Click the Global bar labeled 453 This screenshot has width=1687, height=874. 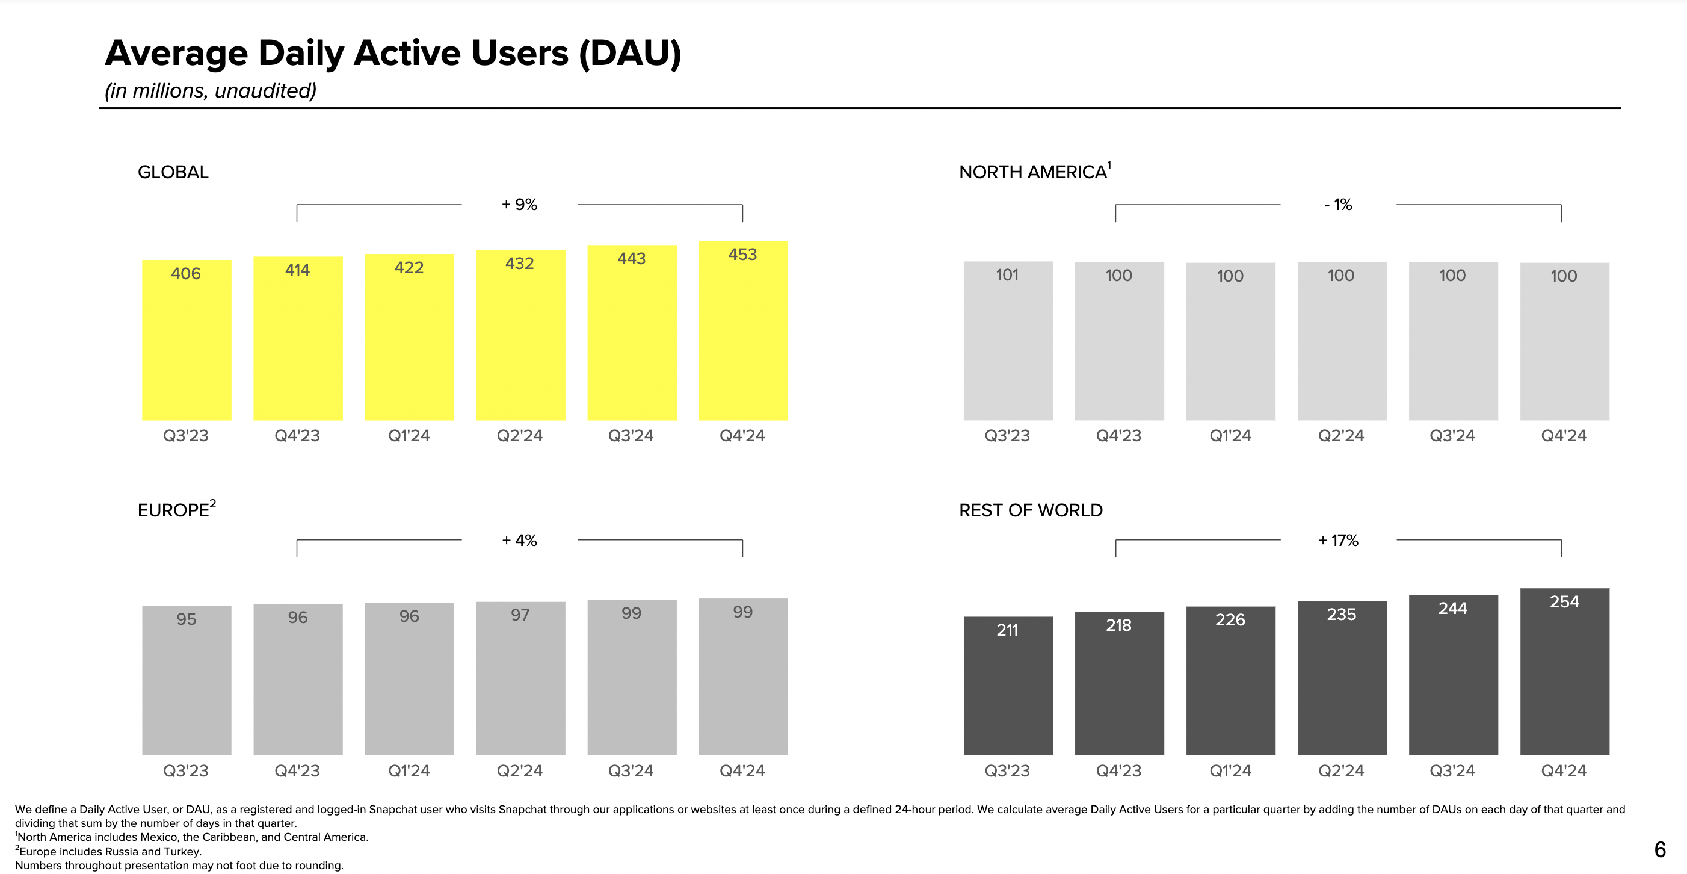coord(743,331)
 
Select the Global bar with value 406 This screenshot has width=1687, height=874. coord(187,340)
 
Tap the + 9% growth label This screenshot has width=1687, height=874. coord(519,205)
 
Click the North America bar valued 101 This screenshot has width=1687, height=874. coord(1008,341)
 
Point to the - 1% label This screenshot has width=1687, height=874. coord(1338,205)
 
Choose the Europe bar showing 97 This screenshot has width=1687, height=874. coord(520,678)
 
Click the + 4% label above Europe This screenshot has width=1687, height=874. coord(519,540)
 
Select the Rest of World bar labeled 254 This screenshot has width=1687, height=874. coord(1564,672)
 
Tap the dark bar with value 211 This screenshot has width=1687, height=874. coord(1008,686)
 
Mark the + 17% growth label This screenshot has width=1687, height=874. coord(1338,540)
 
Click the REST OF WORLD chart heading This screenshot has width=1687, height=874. coord(1031,510)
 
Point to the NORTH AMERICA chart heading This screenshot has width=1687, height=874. coord(1034,172)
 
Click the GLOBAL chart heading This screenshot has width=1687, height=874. coord(173,172)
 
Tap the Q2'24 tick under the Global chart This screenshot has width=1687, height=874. coord(520,436)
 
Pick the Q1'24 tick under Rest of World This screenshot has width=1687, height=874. coord(1230,770)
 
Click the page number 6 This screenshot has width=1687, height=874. coord(1659,849)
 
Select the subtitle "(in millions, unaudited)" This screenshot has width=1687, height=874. coord(210,90)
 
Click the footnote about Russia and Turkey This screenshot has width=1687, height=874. coord(109,851)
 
